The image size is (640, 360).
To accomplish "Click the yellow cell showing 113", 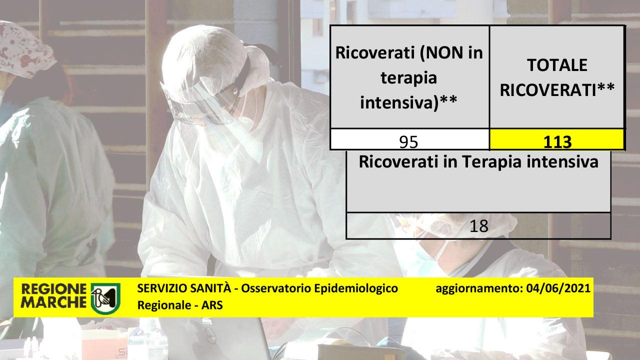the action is [x=557, y=139].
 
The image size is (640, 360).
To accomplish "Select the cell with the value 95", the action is [x=409, y=139].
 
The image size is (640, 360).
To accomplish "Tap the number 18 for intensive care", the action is [x=479, y=226].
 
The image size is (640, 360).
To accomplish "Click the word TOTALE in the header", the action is [x=557, y=65].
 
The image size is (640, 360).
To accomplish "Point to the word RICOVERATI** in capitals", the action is [x=557, y=90].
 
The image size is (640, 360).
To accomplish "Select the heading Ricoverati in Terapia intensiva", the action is [x=478, y=162].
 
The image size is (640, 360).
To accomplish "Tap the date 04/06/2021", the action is [x=558, y=288].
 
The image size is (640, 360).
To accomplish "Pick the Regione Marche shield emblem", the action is [x=105, y=298].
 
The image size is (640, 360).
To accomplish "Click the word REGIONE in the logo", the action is [x=53, y=289].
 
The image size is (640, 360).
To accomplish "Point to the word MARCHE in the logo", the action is [x=53, y=302].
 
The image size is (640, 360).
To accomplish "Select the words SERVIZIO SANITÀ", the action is [x=184, y=288].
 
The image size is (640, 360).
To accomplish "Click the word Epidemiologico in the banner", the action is [x=356, y=289].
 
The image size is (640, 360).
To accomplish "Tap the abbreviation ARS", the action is [x=212, y=305].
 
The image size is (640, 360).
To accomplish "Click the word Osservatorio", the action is [x=276, y=288].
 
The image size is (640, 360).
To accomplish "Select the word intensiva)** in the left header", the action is [x=408, y=102].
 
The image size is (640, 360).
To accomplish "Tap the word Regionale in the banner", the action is [x=164, y=305].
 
